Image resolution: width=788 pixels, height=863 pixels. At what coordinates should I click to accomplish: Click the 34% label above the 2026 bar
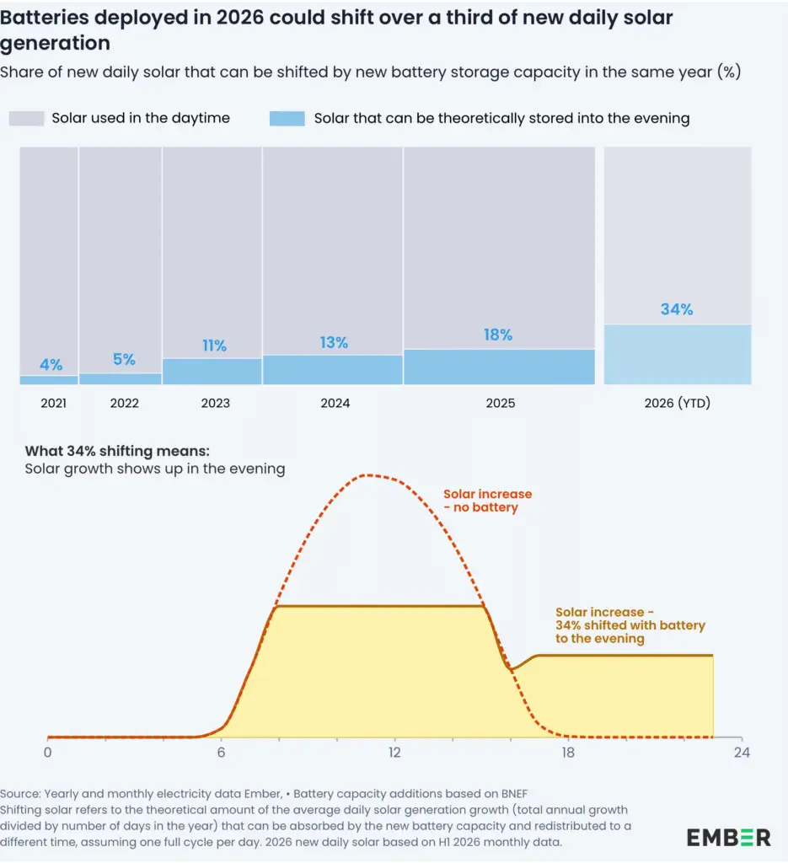coord(677,309)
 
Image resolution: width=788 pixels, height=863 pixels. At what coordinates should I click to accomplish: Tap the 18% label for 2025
coord(498,335)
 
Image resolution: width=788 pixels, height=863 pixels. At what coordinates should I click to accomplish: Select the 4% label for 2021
coord(51,364)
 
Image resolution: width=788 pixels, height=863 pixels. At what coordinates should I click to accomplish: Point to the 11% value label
coord(215,345)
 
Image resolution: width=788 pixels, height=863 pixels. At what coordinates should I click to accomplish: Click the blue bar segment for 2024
coord(333,370)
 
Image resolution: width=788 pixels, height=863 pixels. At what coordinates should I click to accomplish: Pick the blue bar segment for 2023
coord(212,372)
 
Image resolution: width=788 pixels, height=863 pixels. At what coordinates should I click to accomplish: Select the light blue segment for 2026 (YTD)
coord(678,355)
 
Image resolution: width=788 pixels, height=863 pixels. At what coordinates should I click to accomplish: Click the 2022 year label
coord(125,403)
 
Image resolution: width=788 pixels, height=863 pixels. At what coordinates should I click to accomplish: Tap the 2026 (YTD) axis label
coord(678,403)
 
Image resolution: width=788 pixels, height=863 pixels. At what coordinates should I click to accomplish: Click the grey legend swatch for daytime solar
coord(26,118)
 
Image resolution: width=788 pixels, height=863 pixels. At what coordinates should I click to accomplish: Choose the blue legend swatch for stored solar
coord(287,118)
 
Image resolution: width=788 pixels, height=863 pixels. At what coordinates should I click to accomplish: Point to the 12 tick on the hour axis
coord(394,752)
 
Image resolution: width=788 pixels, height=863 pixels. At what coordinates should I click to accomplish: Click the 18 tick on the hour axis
coord(568,752)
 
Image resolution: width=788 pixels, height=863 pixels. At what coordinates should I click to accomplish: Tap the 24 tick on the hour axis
coord(742,752)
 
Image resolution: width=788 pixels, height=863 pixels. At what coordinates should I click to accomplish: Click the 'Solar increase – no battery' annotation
coord(487,501)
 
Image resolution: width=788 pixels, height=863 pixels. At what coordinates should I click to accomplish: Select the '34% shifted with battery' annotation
coord(630,625)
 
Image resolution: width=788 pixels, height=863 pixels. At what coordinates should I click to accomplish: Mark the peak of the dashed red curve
coord(367,475)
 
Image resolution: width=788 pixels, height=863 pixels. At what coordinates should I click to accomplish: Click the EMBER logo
coord(728,838)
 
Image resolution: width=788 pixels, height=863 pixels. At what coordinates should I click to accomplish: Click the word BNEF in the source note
coord(514,794)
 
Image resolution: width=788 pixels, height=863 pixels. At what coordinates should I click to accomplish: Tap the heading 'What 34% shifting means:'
coord(117,452)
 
